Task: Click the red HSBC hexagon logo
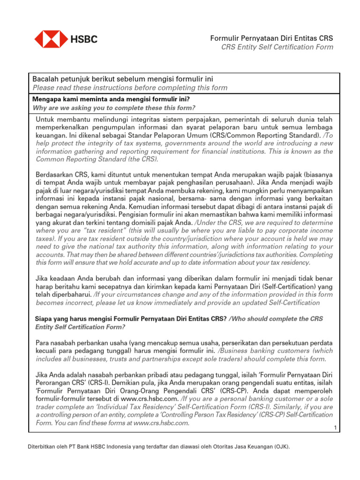[x=52, y=39]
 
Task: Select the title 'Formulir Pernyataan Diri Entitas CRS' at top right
[x=271, y=38]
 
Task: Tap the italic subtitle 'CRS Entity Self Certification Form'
[x=277, y=47]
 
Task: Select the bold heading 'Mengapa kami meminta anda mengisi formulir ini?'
[x=111, y=99]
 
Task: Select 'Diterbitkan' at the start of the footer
[x=40, y=447]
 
